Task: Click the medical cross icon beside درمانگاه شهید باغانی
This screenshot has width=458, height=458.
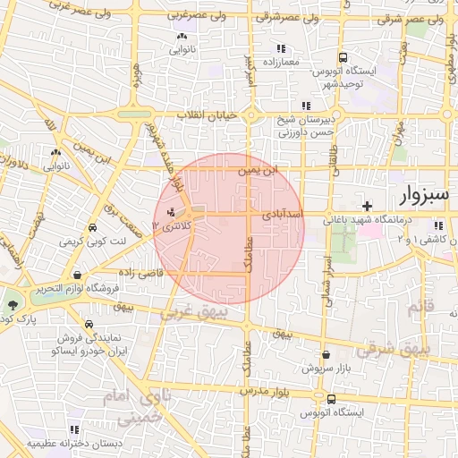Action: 367,207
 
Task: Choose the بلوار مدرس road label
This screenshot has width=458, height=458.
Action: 267,392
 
